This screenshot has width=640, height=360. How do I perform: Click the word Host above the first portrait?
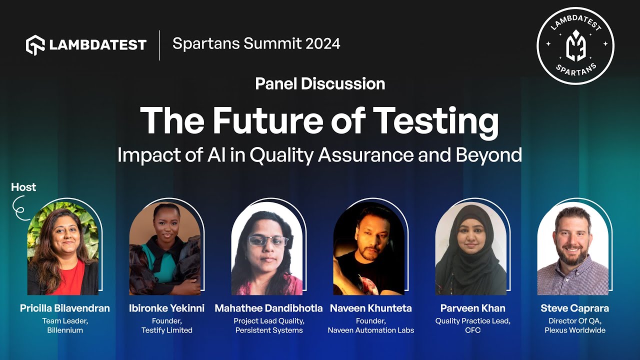[23, 187]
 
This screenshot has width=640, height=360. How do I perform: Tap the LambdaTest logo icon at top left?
[35, 45]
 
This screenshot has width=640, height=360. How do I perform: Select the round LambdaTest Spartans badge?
[575, 45]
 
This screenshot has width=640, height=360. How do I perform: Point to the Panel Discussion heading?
[320, 83]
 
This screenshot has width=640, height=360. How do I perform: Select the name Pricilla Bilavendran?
[65, 308]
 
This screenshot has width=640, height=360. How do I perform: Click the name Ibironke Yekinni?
[166, 308]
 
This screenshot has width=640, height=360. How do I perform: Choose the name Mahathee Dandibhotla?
[268, 308]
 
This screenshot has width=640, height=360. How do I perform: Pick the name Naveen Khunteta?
[370, 308]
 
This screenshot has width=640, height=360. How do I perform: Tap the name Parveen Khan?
[472, 308]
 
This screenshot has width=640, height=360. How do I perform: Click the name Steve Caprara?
[574, 308]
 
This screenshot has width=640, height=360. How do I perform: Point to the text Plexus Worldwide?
[574, 330]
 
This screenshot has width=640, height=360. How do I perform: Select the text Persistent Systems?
[268, 330]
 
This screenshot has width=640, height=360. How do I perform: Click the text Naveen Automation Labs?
[370, 330]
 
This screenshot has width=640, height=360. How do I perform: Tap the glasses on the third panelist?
[268, 241]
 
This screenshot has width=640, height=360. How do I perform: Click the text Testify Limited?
[166, 330]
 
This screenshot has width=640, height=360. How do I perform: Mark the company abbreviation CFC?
[472, 330]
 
